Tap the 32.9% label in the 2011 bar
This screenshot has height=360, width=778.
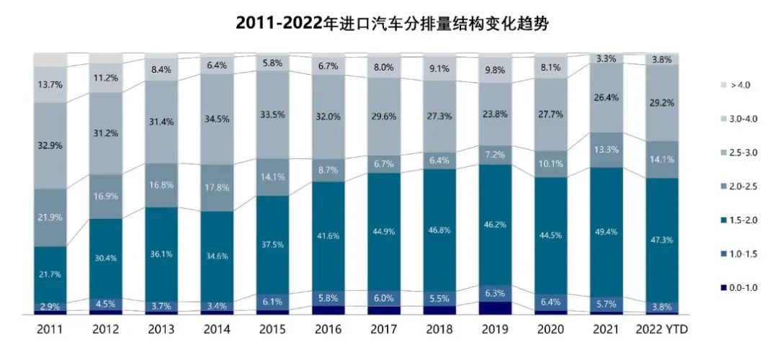tap(50, 145)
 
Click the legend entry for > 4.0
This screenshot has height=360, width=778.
tap(727, 84)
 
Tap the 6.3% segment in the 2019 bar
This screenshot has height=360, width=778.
tap(496, 293)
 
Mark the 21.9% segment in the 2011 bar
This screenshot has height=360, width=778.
tap(50, 217)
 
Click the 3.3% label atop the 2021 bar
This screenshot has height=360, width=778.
tap(607, 58)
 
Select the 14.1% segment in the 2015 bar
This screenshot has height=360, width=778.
tap(273, 176)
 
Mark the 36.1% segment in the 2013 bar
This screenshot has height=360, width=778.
tap(161, 254)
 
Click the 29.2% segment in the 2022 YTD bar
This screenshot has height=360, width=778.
tap(662, 103)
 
